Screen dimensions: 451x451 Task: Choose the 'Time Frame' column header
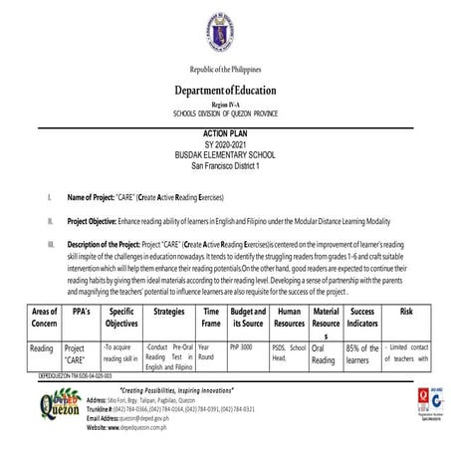pos(211,318)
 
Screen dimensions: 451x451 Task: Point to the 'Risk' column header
pos(404,311)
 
